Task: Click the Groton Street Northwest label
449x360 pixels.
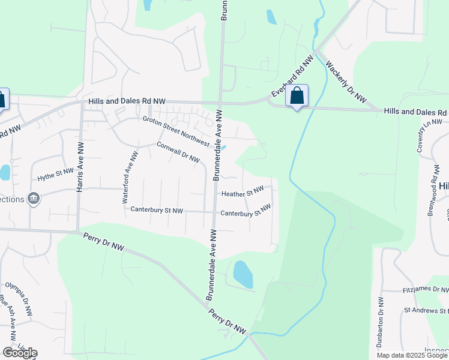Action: coord(176,131)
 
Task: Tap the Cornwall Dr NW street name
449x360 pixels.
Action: coord(178,152)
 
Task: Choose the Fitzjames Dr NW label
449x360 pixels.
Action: coord(425,290)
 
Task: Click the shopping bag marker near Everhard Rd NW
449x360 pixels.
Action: coord(297,95)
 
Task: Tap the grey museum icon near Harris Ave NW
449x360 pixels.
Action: coord(34,199)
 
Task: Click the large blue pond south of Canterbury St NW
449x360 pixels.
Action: coord(243,274)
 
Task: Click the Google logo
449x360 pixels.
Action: coord(20,353)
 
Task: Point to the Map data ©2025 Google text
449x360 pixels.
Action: coord(412,355)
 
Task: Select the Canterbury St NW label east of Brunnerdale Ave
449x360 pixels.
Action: coord(245,211)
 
